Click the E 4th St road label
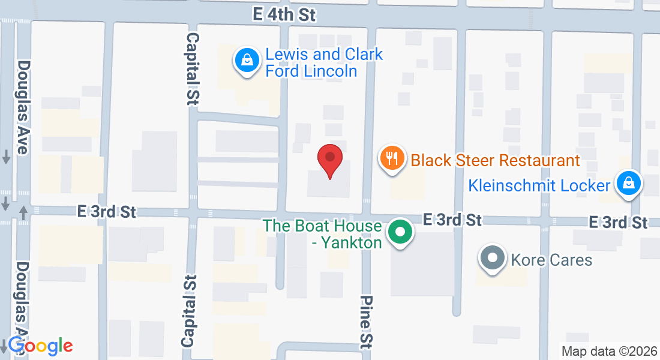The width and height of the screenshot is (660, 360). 284,14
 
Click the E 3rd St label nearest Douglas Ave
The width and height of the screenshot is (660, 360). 107,211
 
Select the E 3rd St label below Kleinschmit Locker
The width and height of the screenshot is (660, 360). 618,223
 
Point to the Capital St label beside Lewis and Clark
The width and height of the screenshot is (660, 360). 193,69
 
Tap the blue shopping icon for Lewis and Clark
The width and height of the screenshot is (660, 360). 246,60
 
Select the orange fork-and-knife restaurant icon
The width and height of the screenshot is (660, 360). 391,159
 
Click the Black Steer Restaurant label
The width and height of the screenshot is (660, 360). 495,160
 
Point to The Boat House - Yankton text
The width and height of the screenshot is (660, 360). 323,234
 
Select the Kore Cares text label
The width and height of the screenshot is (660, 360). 551,260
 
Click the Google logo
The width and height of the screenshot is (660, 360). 40,346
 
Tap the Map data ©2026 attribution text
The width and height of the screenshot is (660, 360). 609,352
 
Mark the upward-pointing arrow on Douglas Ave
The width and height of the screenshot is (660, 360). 23,212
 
